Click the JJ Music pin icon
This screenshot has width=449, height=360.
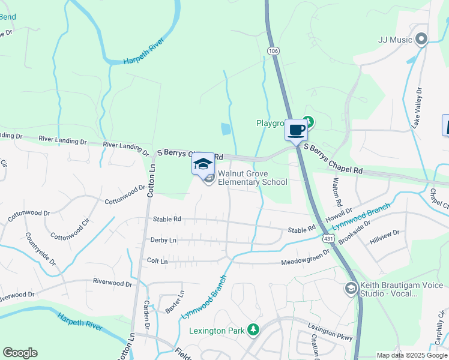pos(421,40)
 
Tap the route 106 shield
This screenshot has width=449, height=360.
pos(274,52)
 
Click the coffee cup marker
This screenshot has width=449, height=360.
pos(296,130)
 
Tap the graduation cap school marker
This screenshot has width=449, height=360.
pos(203,163)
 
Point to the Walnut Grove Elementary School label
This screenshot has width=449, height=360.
pos(252,178)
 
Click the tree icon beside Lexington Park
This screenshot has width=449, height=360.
pos(254,329)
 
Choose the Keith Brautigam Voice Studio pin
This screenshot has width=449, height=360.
pos(351,289)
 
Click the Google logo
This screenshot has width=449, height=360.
pos(20,353)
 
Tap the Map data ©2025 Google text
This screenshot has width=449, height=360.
pos(412,355)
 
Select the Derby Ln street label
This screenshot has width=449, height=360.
pos(164,240)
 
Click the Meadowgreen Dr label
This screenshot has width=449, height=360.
pos(306,258)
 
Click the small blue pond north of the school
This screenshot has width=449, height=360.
pos(225,128)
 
